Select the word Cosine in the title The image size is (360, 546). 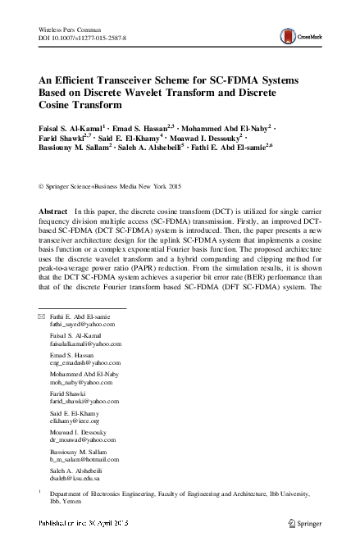(x=59, y=107)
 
